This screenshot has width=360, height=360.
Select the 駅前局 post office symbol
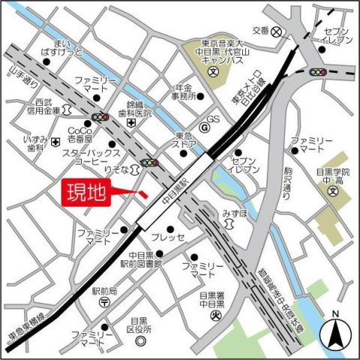[104, 301]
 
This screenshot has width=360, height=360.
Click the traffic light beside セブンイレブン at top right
[319, 73]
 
